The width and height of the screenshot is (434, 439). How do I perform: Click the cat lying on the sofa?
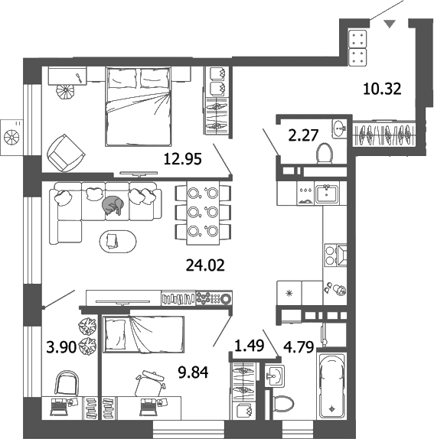(113, 204)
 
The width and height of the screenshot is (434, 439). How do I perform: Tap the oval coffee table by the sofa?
(116, 241)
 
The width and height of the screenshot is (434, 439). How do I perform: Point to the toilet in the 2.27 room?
(324, 152)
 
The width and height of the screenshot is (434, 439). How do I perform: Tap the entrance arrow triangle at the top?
(391, 25)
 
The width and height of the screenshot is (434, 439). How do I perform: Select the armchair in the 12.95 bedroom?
(65, 154)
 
